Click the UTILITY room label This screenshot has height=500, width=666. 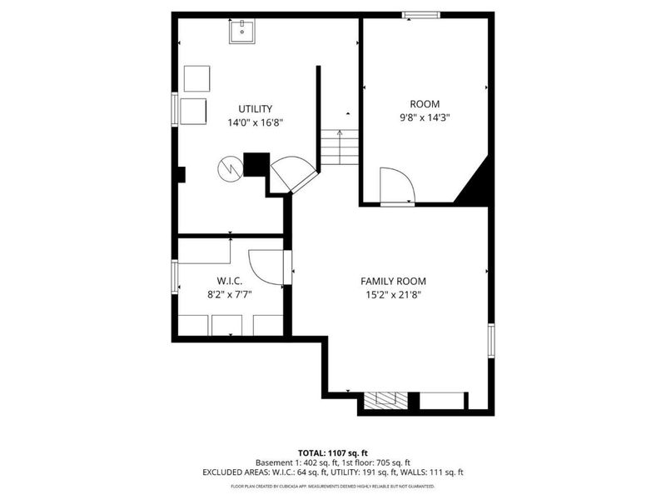[x=256, y=108]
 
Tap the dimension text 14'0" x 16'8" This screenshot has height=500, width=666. [x=256, y=122]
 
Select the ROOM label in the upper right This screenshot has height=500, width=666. [x=425, y=103]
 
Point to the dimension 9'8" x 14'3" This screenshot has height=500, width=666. [x=425, y=117]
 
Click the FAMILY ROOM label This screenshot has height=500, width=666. [x=393, y=281]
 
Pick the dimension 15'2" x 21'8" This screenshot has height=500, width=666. [x=393, y=295]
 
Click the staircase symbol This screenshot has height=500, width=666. [x=339, y=147]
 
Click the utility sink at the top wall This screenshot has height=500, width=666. [x=242, y=32]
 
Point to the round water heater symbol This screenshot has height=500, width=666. [x=228, y=168]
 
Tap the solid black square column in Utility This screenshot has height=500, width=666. [x=255, y=164]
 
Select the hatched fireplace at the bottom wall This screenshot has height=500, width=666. [x=387, y=400]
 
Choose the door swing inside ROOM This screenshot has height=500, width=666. [x=393, y=184]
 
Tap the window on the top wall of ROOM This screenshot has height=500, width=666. [x=421, y=14]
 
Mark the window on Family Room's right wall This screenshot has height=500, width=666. [x=491, y=340]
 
